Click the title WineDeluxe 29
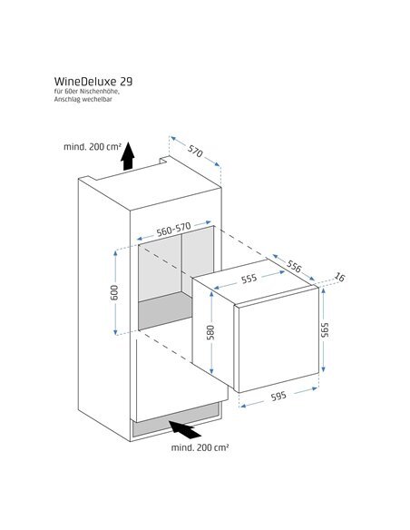[93, 81]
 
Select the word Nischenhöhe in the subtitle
[101, 92]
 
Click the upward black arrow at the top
[128, 156]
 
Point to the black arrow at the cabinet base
[184, 429]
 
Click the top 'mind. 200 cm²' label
[93, 147]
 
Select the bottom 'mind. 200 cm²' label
[200, 447]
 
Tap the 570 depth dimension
[195, 152]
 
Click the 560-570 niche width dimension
[173, 229]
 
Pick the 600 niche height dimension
[114, 292]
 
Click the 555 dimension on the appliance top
[249, 279]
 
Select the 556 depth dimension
[294, 266]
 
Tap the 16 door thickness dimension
[340, 277]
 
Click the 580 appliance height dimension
[210, 332]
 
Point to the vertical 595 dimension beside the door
[324, 330]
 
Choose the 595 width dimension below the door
[278, 396]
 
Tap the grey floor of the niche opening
[165, 309]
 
